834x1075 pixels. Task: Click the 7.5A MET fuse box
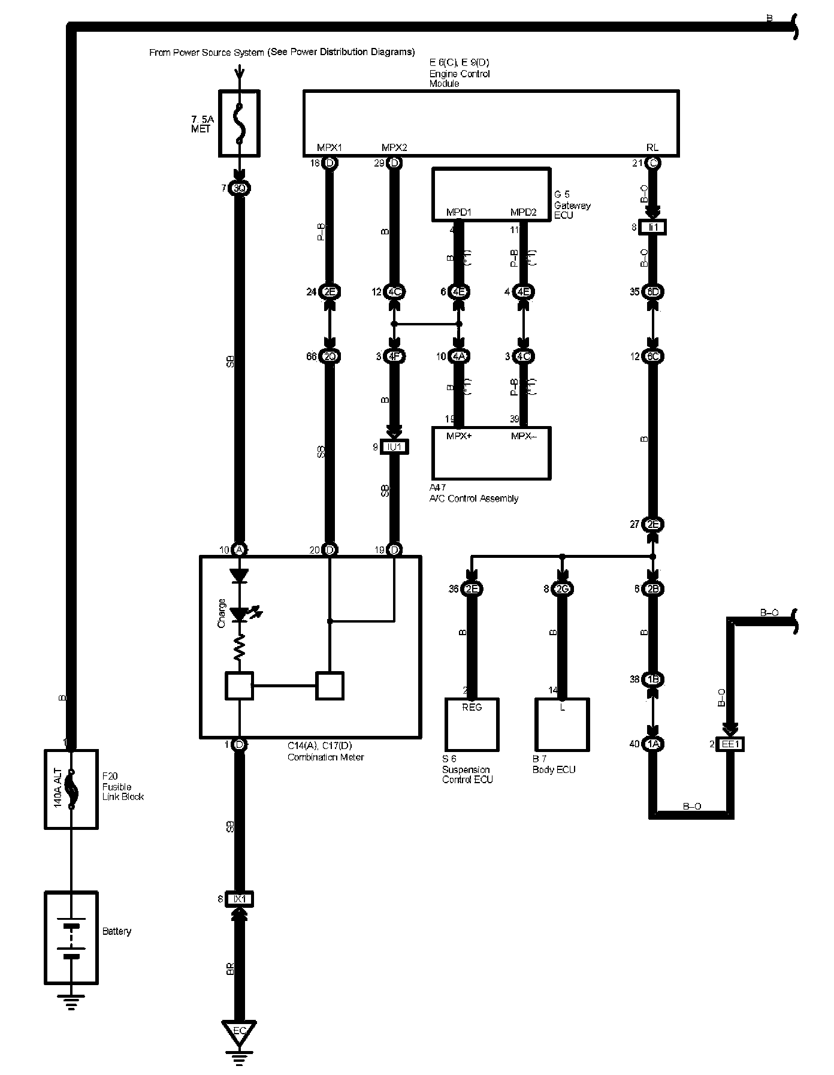coord(240,123)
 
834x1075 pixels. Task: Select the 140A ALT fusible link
coord(71,789)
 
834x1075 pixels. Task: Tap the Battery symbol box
coord(71,937)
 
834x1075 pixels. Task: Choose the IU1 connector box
coord(394,447)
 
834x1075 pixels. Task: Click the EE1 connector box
coord(730,744)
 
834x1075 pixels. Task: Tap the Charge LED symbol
coord(240,614)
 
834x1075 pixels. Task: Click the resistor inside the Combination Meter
coord(240,648)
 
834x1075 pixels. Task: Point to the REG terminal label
coord(472,707)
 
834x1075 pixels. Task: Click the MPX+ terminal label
coord(459,436)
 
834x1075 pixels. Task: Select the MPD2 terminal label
coord(523,213)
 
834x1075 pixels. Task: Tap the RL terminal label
coord(652,147)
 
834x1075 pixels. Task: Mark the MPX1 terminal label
coord(329,147)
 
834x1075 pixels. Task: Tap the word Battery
coord(117,931)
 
